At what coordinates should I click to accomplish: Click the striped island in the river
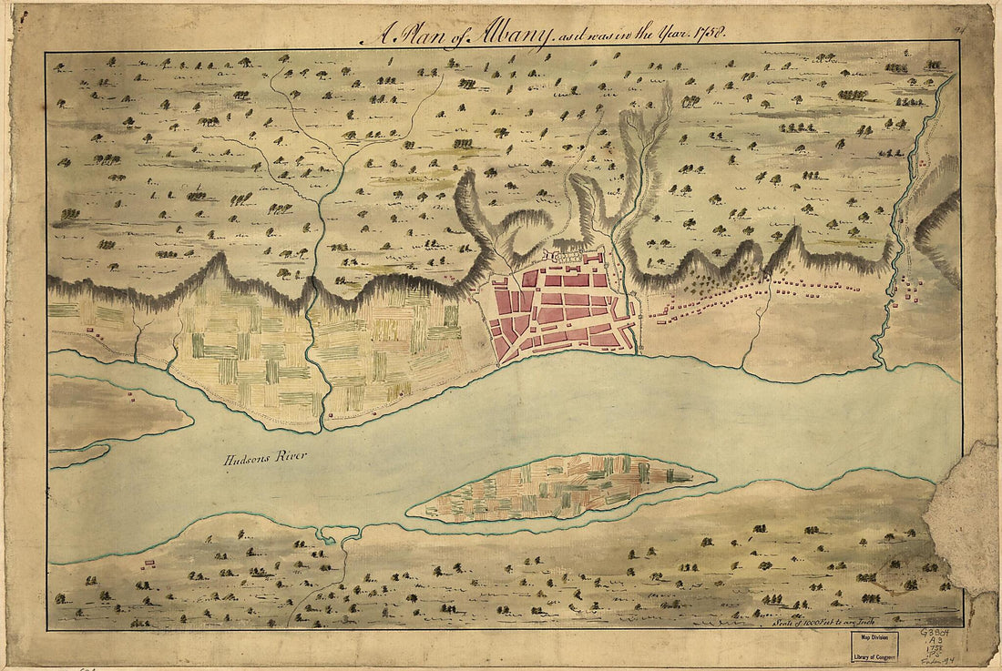tap(560, 487)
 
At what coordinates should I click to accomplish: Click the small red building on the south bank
tap(147, 563)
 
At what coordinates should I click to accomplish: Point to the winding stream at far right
tap(897, 228)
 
